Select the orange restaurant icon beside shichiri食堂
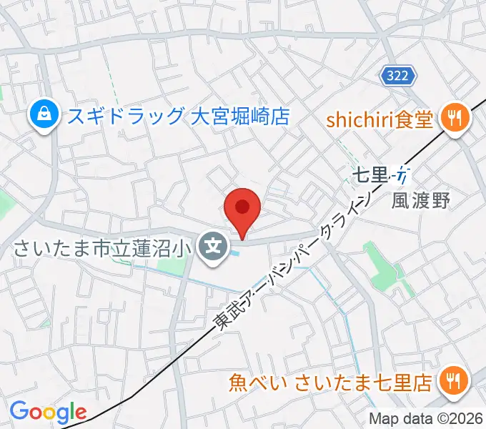click(x=454, y=116)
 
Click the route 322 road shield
click(x=396, y=76)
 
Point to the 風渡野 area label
click(x=421, y=201)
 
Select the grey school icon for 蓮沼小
click(x=212, y=248)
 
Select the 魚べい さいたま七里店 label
click(x=330, y=383)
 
